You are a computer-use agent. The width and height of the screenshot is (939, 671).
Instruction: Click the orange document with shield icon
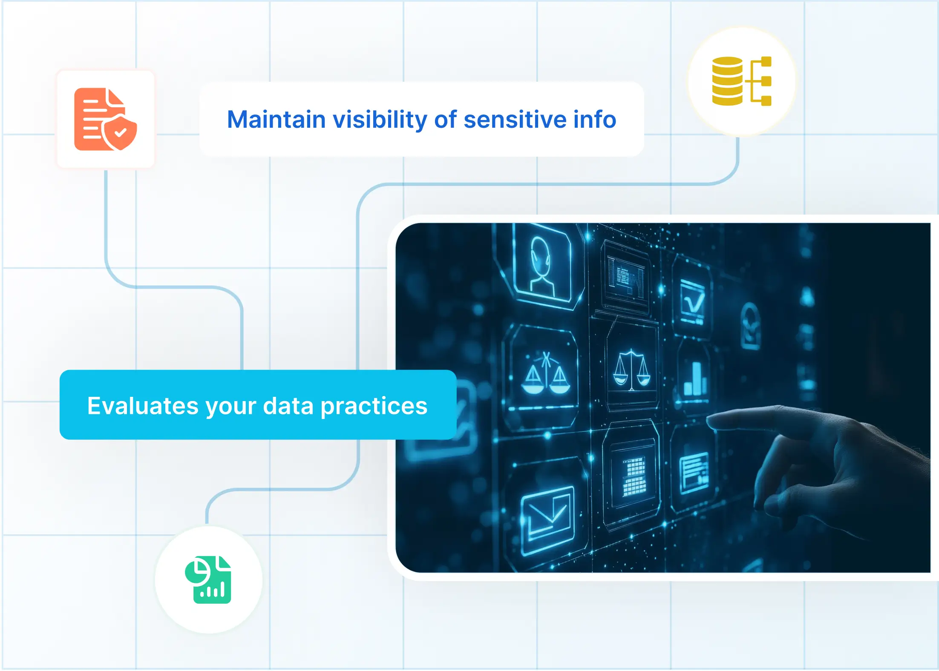(105, 119)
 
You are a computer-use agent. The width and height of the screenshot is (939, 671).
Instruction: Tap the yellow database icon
(741, 81)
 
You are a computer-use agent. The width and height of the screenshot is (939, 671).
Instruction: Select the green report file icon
(208, 580)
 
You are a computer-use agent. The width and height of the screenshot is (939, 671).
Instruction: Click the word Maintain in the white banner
(276, 120)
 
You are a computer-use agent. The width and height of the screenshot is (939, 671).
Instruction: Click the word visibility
(380, 120)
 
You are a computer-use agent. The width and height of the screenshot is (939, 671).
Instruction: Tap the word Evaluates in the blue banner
(143, 406)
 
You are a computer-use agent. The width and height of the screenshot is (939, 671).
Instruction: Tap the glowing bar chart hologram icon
(694, 379)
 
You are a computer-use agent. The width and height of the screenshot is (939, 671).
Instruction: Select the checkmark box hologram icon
(692, 300)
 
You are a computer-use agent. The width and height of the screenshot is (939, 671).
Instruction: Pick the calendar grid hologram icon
(634, 477)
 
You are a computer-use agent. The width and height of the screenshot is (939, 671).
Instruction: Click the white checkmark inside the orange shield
(121, 132)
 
